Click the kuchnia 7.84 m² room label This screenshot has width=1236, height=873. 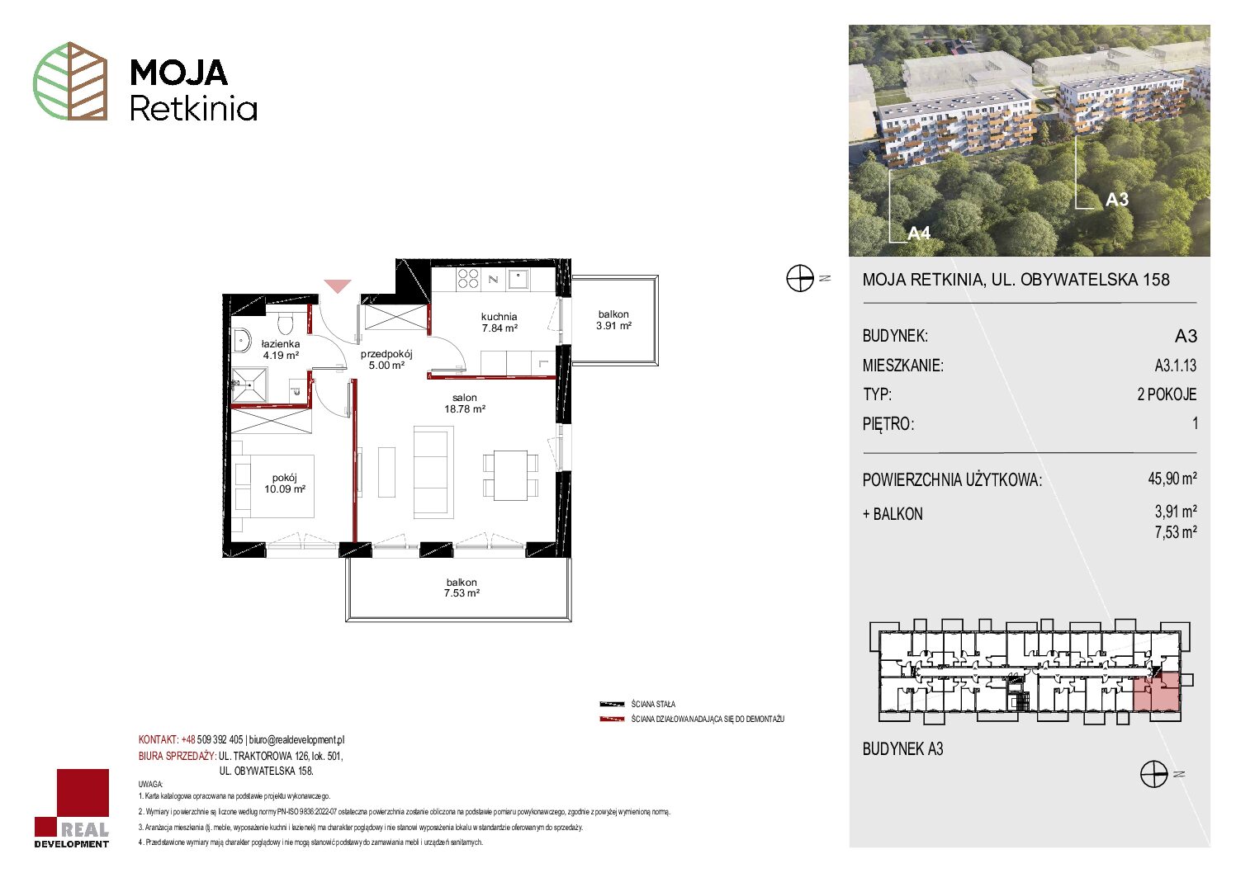(500, 322)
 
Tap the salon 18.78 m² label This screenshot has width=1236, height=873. (465, 403)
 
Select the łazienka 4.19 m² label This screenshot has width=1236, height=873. (281, 350)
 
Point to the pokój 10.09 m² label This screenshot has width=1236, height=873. (285, 484)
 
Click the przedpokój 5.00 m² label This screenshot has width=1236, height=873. (386, 360)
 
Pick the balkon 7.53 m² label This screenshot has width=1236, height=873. (462, 588)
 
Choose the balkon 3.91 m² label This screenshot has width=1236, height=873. (613, 320)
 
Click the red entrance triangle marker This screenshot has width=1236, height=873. (337, 286)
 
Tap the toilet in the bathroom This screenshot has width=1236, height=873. (285, 323)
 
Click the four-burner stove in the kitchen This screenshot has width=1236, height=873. (468, 279)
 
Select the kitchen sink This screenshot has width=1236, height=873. (519, 280)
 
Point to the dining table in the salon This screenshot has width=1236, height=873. (511, 475)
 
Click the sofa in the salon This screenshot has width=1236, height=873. (433, 472)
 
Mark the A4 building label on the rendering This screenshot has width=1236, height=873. (919, 234)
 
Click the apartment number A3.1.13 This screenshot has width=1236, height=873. (1175, 365)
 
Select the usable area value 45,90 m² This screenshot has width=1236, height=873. (1172, 478)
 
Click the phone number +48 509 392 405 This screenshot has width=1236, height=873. (212, 739)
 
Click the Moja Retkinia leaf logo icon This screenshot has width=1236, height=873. (70, 81)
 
